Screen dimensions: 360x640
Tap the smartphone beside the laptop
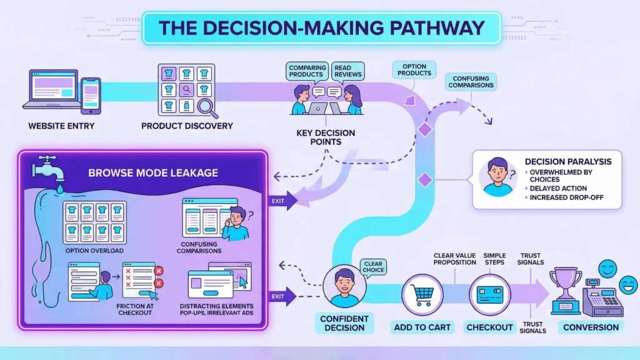click(91, 96)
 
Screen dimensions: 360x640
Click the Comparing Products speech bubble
click(306, 71)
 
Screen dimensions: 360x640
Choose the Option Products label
click(414, 69)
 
